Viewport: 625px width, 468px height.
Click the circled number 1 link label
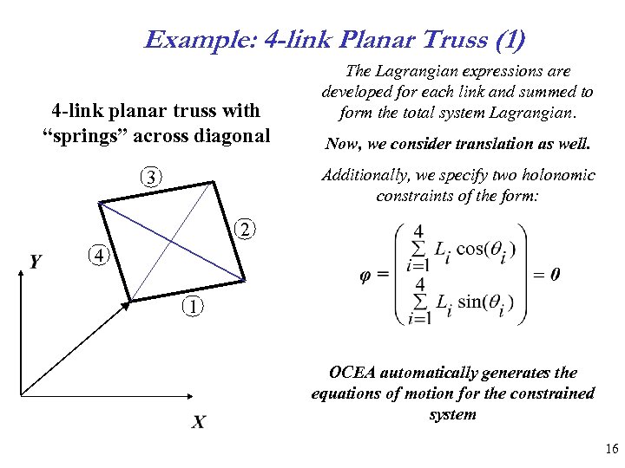point(194,307)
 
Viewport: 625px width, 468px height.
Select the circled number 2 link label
point(246,230)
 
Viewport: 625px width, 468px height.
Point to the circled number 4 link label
point(99,256)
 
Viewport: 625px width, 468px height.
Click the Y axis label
point(36,261)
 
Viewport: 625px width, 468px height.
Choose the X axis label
point(199,422)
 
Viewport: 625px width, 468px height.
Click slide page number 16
point(611,448)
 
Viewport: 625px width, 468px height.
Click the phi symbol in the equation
point(366,275)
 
